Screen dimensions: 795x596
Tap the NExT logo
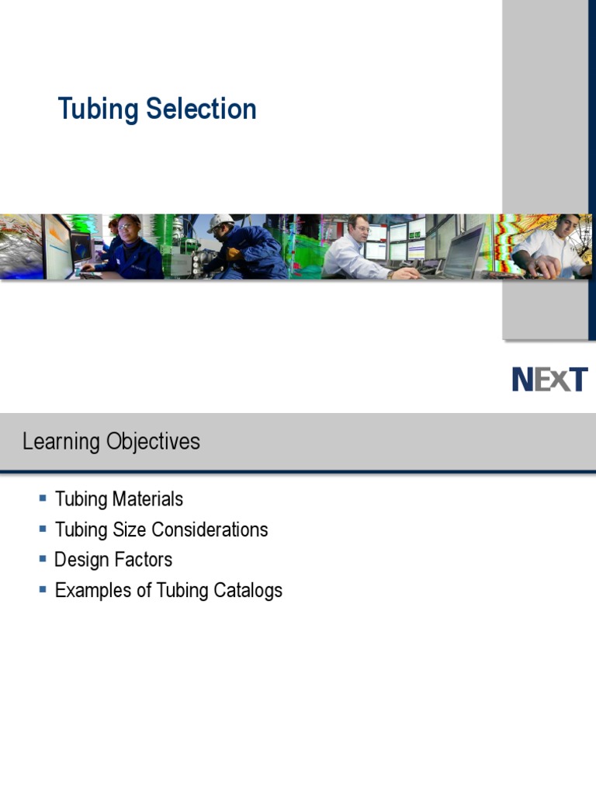pos(549,380)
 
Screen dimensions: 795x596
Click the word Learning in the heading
pos(61,442)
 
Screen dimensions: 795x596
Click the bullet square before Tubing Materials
pos(43,498)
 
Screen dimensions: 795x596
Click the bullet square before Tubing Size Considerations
pos(43,528)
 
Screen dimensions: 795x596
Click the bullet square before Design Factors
pos(43,558)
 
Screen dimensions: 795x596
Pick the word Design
pos(81,560)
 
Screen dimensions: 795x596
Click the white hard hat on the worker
pos(220,221)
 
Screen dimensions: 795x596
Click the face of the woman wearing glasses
pos(129,231)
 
